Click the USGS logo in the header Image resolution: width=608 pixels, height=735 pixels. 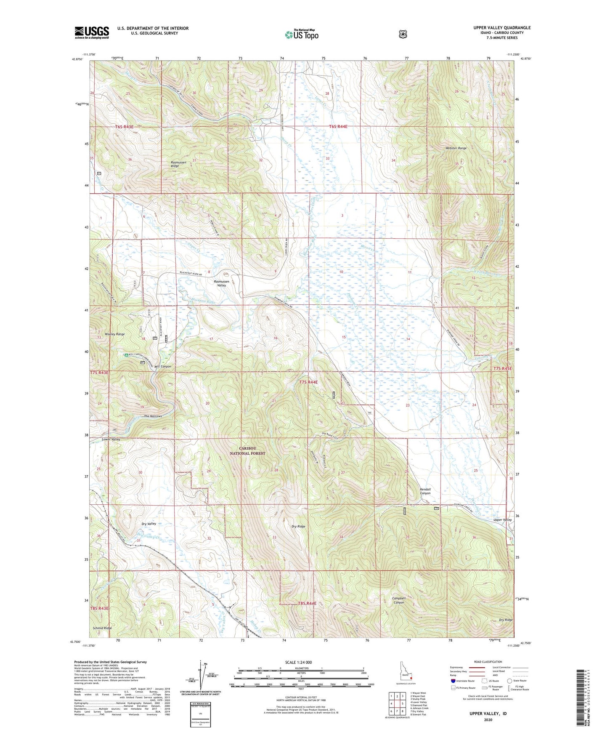point(92,32)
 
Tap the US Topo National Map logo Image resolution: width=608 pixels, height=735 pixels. point(301,35)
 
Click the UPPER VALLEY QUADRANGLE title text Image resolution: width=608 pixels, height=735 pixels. point(502,28)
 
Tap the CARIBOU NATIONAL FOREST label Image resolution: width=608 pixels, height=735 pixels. point(247,451)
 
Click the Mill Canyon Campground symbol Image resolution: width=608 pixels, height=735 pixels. point(126,355)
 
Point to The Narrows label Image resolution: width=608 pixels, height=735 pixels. point(153,416)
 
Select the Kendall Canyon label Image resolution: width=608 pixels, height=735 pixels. point(425,491)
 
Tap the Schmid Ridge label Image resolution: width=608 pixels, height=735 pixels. point(102,628)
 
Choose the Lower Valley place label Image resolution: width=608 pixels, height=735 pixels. point(111,439)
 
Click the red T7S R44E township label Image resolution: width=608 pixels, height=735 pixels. point(308,382)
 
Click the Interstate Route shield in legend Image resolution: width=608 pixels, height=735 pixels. point(453,681)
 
